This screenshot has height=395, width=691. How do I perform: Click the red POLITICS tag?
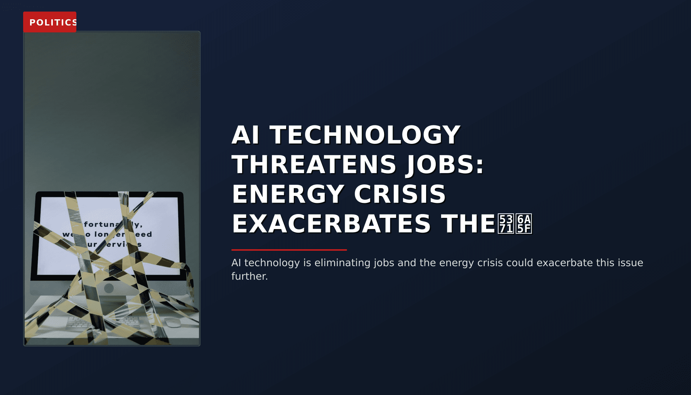[50, 22]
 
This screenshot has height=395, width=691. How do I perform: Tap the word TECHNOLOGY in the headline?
[365, 135]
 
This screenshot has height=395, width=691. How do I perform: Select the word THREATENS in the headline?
[314, 164]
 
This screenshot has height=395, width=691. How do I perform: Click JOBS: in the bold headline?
[445, 164]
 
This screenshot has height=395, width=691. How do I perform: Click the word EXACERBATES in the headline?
[331, 224]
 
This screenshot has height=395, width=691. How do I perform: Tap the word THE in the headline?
[468, 224]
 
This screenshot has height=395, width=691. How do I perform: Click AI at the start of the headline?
[245, 135]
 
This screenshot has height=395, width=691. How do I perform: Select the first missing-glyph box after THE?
[506, 224]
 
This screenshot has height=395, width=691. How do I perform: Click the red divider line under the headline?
[289, 250]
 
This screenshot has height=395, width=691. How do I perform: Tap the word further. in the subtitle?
[249, 276]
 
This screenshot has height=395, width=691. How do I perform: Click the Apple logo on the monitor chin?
[109, 288]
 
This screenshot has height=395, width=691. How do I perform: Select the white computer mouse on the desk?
[172, 322]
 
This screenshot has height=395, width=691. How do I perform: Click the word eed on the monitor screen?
[144, 234]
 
